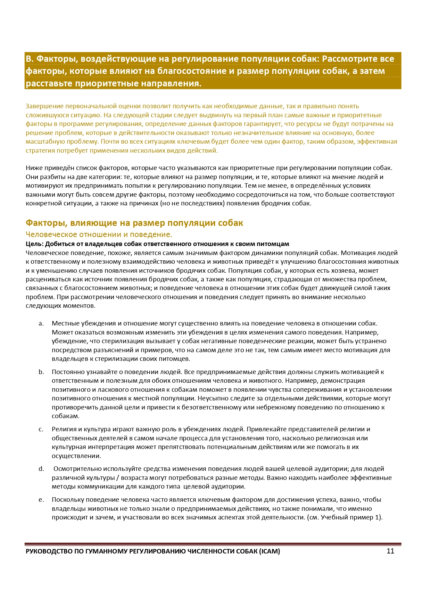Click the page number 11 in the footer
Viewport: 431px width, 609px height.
[x=390, y=551]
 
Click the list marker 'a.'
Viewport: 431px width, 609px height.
[x=41, y=323]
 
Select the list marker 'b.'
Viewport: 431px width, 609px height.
[x=41, y=372]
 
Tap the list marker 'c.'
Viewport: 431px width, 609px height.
[x=41, y=429]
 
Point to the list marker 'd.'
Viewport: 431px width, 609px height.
[x=41, y=469]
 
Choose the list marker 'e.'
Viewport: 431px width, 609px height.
[x=41, y=500]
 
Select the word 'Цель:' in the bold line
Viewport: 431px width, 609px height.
[x=34, y=244]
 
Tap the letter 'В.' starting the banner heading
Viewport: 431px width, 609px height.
[x=29, y=59]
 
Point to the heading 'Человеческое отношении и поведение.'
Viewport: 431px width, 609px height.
[x=99, y=234]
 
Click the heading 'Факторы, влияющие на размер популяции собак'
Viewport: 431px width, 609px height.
[x=134, y=223]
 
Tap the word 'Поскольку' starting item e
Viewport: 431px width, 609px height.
[x=67, y=500]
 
